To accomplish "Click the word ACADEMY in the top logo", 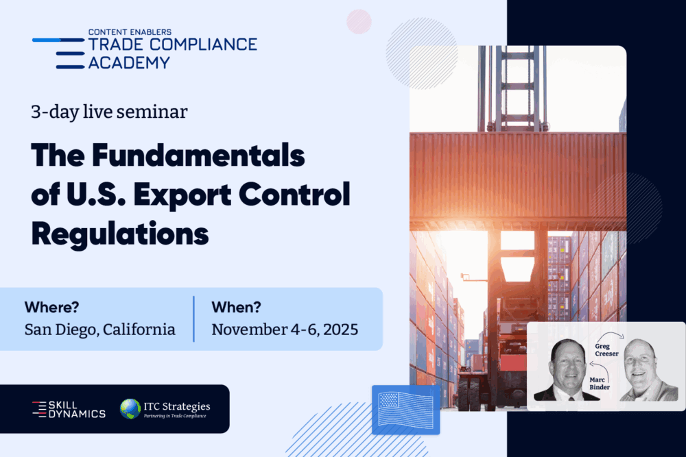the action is point(129,63).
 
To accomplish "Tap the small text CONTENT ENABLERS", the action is point(130,32).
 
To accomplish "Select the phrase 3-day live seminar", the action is point(109,112).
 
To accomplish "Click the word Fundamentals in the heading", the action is point(198,156).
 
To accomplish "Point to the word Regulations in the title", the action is point(120,234).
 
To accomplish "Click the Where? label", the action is point(51,307).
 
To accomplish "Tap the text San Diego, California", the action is point(99,330).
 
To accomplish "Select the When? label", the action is point(236,307).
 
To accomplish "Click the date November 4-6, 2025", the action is point(285,330).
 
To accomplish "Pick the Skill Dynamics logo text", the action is point(69,409).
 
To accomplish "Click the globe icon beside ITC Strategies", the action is point(130,409).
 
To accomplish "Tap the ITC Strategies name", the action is point(177,406).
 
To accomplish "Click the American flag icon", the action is point(405,410).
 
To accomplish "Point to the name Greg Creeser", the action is point(606,350).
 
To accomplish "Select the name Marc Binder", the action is point(600,384).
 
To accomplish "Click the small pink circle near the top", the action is point(359,21).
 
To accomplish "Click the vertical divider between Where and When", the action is point(194,319).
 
